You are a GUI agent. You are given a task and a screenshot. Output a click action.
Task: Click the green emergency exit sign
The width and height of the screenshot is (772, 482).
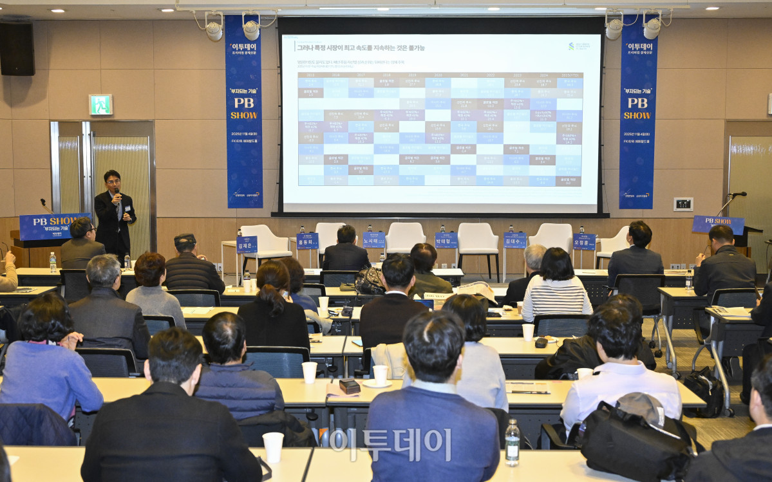coord(100,104)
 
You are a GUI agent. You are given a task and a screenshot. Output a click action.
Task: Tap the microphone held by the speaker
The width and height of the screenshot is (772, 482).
coord(118,195)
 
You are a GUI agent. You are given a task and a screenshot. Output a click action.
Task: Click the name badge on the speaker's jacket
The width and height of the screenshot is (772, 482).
coord(127,209)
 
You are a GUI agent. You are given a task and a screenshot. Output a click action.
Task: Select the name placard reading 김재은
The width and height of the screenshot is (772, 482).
coord(247,245)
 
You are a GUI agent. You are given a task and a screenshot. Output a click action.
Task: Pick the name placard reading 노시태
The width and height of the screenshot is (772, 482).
coord(373,240)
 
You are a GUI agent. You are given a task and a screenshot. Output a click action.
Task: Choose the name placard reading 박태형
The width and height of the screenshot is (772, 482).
coord(446,240)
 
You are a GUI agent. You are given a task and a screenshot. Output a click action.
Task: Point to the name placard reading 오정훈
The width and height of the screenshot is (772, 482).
coord(584,241)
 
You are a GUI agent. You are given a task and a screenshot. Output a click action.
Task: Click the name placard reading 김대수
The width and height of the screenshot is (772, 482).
coord(515,240)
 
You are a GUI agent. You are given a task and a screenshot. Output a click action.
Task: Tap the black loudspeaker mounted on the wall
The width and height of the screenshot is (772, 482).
coord(17,49)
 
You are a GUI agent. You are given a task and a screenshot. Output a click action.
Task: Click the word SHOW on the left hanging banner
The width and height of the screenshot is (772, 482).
coord(243,115)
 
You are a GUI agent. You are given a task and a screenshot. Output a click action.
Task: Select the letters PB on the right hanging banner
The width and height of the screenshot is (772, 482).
coord(637,103)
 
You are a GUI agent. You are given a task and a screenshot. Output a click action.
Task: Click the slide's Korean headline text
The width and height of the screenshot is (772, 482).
coord(361,48)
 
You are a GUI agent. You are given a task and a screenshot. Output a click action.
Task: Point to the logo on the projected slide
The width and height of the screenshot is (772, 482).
coord(579,46)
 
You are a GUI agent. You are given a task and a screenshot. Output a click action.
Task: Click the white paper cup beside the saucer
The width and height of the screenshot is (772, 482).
coord(380,375)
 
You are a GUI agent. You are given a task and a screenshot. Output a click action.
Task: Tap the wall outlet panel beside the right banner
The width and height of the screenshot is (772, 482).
coord(683,204)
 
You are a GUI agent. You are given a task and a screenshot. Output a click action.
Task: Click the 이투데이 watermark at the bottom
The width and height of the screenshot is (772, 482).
coord(390,444)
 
